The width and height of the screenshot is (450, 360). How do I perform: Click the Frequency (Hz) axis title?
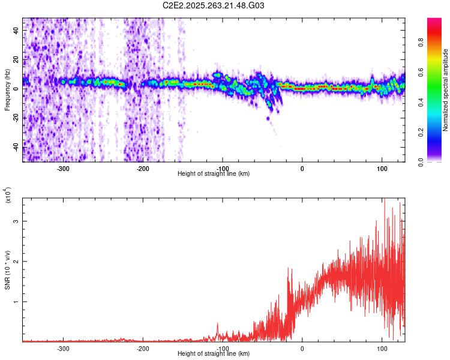pos(7,90)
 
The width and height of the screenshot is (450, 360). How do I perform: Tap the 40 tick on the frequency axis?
pos(17,31)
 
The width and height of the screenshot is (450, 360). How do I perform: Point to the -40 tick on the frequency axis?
pos(17,146)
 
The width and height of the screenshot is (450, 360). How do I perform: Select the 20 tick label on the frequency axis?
pos(17,60)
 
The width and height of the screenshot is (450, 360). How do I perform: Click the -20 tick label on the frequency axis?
pos(17,118)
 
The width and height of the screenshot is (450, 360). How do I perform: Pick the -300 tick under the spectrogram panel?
pos(63,168)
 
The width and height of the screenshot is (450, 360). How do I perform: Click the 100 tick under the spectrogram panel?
pos(382,168)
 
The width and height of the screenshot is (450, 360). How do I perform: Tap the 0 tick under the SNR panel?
pos(302,348)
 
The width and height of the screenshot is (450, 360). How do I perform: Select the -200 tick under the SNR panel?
pos(143,348)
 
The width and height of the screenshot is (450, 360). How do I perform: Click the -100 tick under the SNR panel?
pos(223,348)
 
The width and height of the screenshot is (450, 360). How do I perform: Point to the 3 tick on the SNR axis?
pos(17,221)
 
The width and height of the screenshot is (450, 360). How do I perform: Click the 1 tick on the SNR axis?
pos(17,302)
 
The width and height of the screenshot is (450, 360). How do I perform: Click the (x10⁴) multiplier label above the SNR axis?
pos(7,195)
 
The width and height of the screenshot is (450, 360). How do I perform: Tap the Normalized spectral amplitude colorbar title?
pos(446,90)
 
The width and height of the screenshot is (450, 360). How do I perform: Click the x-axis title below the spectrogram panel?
pos(214,174)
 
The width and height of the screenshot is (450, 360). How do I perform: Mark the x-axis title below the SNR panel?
pos(214,354)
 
